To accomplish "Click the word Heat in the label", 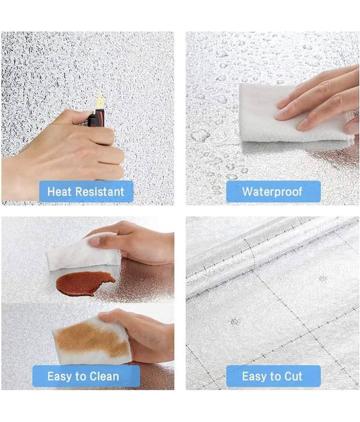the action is [x=60, y=191].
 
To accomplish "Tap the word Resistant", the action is [x=100, y=191].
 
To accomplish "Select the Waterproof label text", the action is [x=272, y=192].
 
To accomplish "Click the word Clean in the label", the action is [x=104, y=376].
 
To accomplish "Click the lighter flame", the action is [x=100, y=100].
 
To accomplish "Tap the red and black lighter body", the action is [x=96, y=118].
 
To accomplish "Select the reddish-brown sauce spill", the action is [x=84, y=283].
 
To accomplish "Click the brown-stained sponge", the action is [x=91, y=340].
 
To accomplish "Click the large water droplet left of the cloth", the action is [x=200, y=135].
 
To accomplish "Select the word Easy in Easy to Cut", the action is [x=253, y=377].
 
